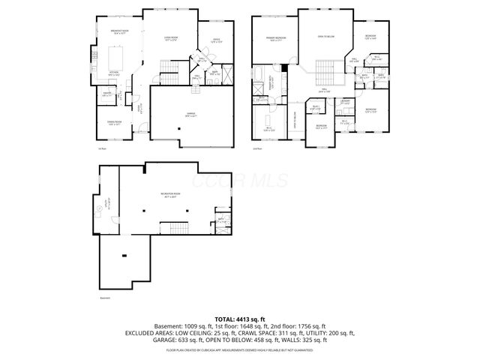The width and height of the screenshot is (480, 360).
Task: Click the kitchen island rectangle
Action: (118, 56)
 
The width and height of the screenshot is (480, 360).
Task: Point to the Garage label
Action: (192, 115)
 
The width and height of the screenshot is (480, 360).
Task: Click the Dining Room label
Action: (115, 124)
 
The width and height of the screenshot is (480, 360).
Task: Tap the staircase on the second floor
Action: (325, 73)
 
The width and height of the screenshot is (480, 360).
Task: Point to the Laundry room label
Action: (346, 103)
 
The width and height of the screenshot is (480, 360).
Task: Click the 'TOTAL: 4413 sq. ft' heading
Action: (239, 319)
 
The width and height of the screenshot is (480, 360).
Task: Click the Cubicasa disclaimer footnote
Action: (239, 349)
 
